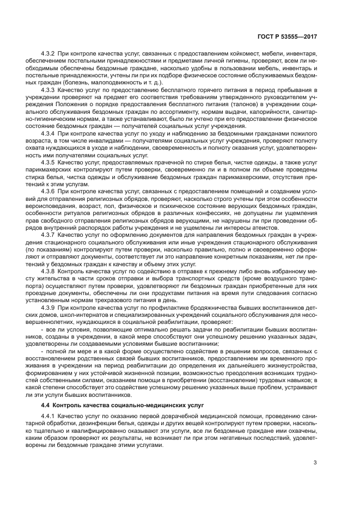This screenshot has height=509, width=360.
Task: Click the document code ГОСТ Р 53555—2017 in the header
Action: point(286,36)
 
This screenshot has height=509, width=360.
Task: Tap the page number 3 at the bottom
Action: point(315,463)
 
